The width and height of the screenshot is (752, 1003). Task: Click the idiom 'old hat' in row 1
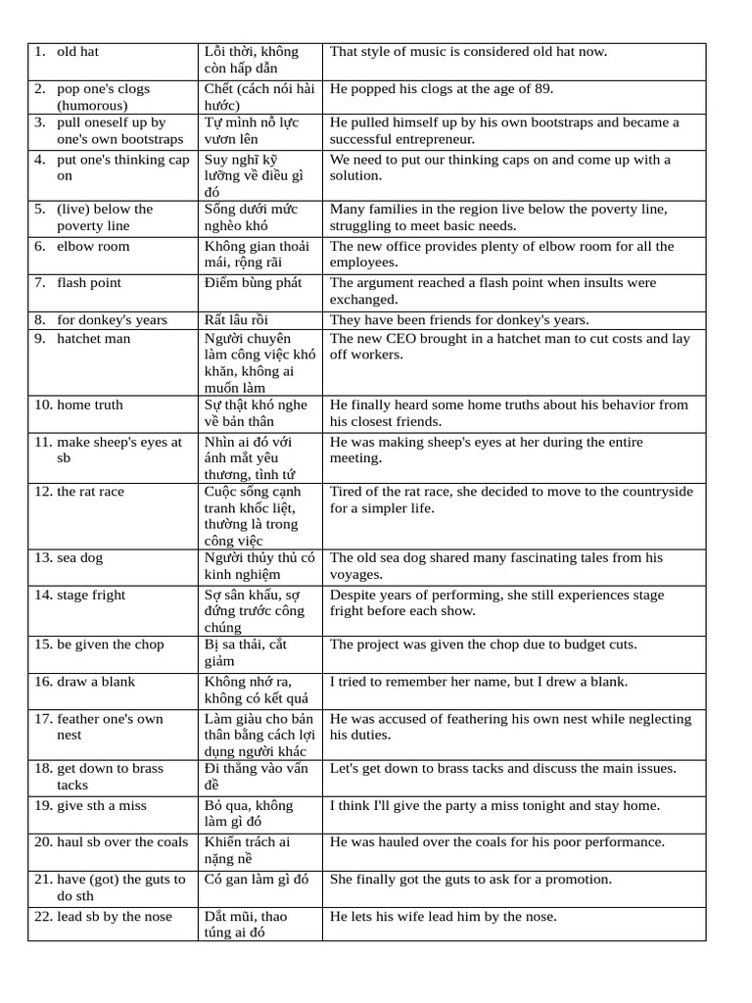pyautogui.click(x=77, y=51)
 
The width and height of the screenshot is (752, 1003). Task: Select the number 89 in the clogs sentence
pyautogui.click(x=542, y=89)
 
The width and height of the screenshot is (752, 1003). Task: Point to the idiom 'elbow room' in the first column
pyautogui.click(x=93, y=246)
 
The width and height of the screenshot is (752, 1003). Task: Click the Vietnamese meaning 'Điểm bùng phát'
pyautogui.click(x=253, y=283)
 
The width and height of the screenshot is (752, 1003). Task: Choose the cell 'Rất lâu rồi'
pyautogui.click(x=236, y=320)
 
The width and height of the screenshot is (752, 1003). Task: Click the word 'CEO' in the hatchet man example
pyautogui.click(x=409, y=339)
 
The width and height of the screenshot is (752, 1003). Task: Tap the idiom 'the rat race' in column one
pyautogui.click(x=90, y=492)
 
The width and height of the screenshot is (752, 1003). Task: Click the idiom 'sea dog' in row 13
pyautogui.click(x=79, y=558)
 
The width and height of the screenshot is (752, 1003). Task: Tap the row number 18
pyautogui.click(x=43, y=768)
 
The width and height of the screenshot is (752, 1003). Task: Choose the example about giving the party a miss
pyautogui.click(x=494, y=805)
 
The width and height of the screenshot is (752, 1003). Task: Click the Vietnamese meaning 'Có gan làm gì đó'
pyautogui.click(x=256, y=880)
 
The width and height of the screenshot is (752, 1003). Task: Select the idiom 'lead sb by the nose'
pyautogui.click(x=114, y=917)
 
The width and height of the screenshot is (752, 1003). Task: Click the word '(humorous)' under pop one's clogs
pyautogui.click(x=92, y=106)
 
